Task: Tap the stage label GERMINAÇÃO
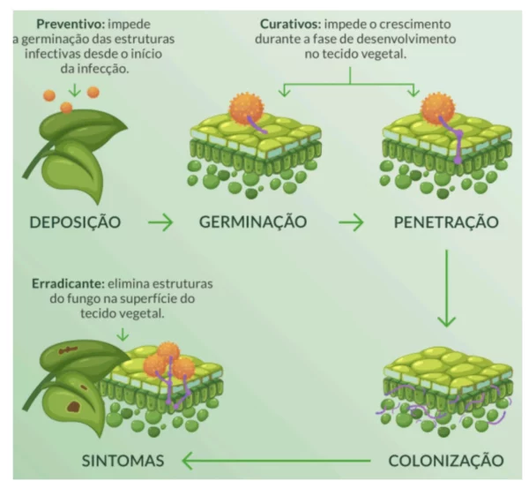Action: pos(253,221)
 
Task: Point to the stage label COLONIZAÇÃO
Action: pos(445,461)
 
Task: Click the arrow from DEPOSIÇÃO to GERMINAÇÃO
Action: pos(160,222)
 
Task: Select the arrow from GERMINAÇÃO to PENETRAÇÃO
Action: pos(351,222)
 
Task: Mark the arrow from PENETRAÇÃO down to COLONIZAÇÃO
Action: pos(449,287)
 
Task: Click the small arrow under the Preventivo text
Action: pos(74,89)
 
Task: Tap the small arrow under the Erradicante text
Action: pos(122,334)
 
